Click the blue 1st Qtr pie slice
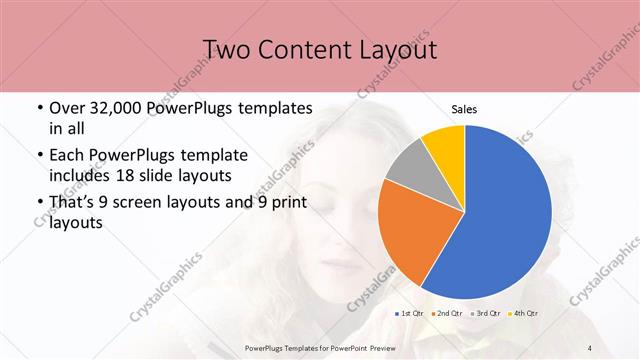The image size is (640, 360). click(505, 215)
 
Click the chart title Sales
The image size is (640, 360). click(465, 108)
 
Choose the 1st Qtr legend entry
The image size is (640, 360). click(410, 314)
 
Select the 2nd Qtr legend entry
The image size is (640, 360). click(446, 314)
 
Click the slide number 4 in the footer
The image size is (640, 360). click(590, 347)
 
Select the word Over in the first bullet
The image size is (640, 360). click(68, 108)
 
